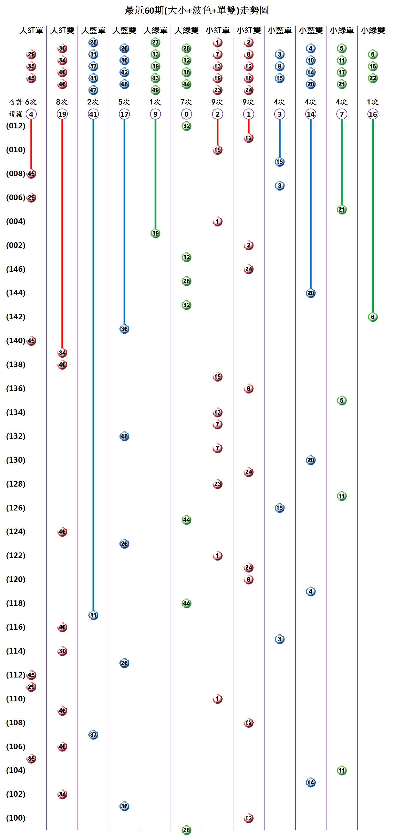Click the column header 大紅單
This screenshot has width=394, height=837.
(x=31, y=30)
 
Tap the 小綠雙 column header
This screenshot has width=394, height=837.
(x=373, y=30)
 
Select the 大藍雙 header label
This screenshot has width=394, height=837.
(x=124, y=30)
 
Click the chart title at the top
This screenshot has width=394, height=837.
(x=197, y=10)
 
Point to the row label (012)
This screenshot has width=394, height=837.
(x=16, y=126)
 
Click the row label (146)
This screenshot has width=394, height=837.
(x=16, y=269)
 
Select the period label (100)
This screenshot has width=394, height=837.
(x=16, y=818)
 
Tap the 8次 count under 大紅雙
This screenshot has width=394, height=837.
(x=62, y=102)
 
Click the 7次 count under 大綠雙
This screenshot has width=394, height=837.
(x=186, y=102)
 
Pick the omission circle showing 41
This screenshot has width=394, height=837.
(x=93, y=114)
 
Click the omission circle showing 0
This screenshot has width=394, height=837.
(x=186, y=114)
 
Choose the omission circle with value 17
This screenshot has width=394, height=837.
(x=124, y=114)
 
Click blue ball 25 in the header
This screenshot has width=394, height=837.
(x=93, y=42)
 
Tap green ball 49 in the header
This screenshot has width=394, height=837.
(x=156, y=90)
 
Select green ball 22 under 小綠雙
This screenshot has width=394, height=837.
(x=373, y=78)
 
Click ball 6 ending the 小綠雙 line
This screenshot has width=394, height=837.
(x=373, y=317)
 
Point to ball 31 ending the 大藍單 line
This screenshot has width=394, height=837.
(x=93, y=615)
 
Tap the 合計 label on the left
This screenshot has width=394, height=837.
(x=16, y=102)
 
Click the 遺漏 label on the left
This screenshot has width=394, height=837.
(x=16, y=114)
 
